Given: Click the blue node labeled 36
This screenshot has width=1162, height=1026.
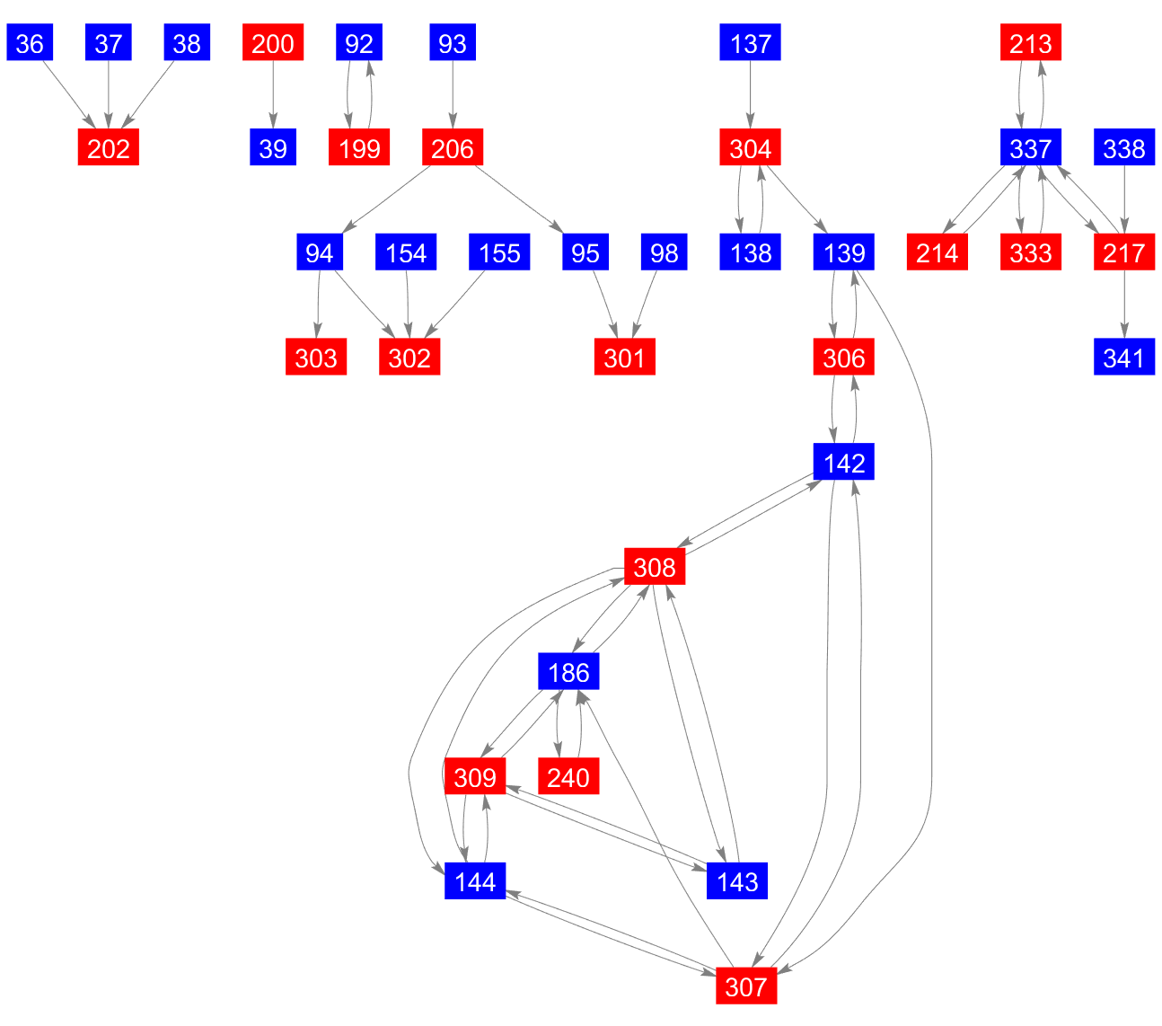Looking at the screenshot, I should (30, 43).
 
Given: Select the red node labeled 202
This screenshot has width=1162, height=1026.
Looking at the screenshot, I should (109, 148).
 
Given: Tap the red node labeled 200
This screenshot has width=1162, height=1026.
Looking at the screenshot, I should (273, 43).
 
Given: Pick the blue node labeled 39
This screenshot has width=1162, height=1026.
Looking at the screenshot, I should (273, 148).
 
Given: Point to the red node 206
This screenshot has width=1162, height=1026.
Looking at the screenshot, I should (453, 148).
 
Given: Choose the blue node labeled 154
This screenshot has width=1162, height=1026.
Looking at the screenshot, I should (406, 253).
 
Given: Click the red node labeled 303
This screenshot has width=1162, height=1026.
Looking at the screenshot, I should (316, 358).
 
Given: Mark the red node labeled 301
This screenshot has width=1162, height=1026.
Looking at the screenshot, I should (625, 358).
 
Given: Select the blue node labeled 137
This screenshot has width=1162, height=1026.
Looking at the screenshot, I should (751, 43).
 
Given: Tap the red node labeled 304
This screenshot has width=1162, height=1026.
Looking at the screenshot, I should (751, 148).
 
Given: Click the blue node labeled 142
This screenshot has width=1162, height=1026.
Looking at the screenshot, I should (844, 463).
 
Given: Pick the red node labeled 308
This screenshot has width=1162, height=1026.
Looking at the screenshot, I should (655, 568).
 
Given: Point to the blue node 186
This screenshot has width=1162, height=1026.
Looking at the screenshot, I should (568, 672).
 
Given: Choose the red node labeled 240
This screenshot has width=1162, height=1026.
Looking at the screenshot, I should (568, 777).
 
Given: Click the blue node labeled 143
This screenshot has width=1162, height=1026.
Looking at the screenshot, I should (737, 882).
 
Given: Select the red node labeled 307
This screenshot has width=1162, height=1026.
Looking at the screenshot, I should (746, 987).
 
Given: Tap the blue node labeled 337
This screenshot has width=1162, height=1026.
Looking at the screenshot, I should (1031, 148).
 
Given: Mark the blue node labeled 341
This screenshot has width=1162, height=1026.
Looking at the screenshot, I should (1124, 358).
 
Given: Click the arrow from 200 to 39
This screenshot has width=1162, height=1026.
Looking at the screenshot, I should (273, 95).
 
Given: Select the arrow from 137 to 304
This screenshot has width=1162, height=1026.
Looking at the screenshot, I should (751, 95).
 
